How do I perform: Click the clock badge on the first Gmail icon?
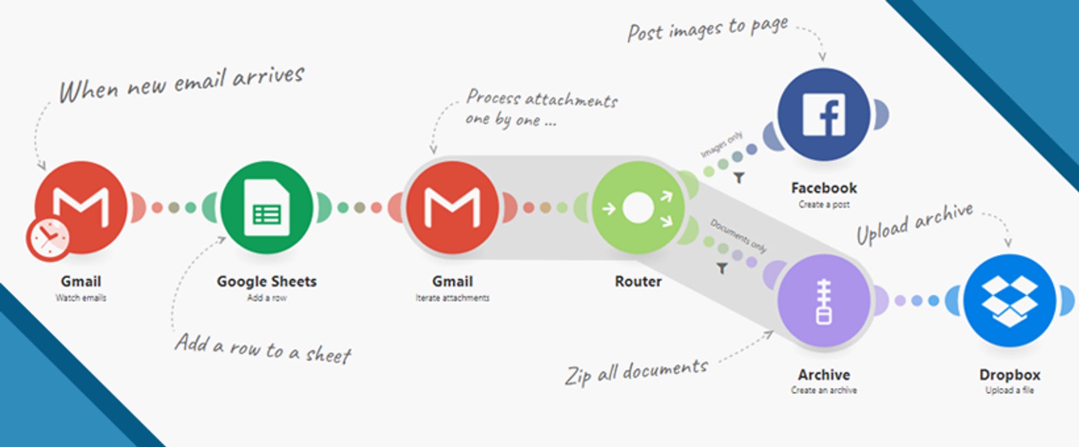(x=48, y=239)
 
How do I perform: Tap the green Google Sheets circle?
(x=267, y=208)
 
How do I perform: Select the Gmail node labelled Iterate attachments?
(x=452, y=208)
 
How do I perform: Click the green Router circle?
(x=638, y=208)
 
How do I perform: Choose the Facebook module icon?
(x=824, y=114)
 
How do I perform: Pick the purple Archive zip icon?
(x=824, y=301)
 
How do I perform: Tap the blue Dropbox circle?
(x=1009, y=301)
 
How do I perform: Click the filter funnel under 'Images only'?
(x=739, y=177)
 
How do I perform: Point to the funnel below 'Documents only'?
(x=722, y=268)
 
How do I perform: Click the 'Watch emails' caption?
(x=81, y=298)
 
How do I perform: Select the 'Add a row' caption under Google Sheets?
(x=267, y=298)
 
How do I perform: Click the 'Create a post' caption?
(x=824, y=204)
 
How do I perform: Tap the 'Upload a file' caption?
(x=1009, y=390)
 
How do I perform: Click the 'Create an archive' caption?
(x=824, y=390)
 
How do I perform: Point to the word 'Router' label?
(x=638, y=281)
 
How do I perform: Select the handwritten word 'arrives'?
(x=268, y=76)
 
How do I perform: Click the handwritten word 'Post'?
(x=645, y=33)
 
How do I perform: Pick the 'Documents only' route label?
(x=737, y=235)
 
